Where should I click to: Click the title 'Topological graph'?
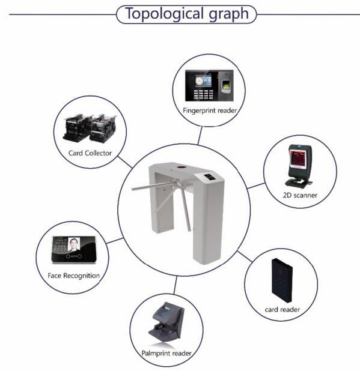187,14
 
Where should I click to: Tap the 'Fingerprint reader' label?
210,110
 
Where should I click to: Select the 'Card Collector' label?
90,153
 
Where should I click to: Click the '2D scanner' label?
300,195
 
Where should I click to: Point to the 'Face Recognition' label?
74,276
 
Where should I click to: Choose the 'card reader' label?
282,310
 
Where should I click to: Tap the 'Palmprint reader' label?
166,353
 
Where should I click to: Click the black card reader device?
282,280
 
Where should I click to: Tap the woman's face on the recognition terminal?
74,244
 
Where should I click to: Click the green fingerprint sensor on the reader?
226,86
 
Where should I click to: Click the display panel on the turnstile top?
209,177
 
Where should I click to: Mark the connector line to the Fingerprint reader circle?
200,135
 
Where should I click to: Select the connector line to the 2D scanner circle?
256,185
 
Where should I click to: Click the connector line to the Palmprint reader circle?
175,285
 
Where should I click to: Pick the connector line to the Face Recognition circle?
115,241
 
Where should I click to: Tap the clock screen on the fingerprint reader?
203,81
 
